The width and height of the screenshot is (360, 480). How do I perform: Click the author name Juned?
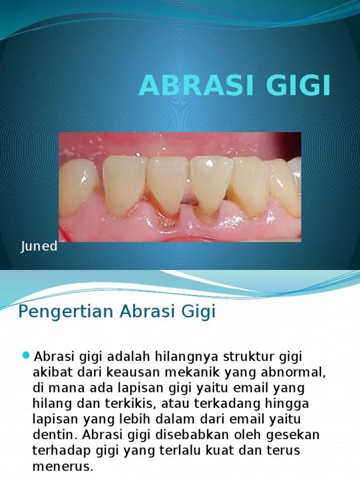pos(39,247)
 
